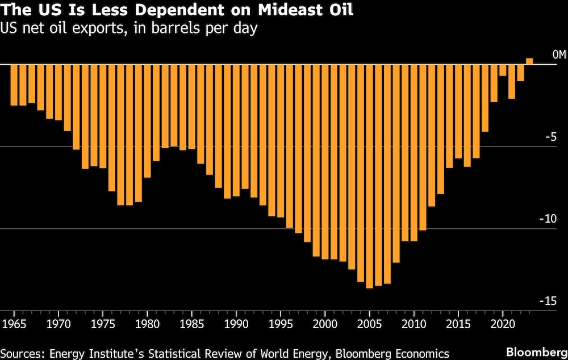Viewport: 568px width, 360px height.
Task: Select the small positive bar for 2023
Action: [x=529, y=61]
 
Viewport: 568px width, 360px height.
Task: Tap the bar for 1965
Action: [x=14, y=85]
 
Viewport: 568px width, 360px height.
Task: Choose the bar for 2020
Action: [x=503, y=70]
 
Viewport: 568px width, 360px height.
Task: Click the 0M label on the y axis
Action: [x=559, y=55]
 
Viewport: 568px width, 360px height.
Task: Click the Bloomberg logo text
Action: [x=540, y=353]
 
